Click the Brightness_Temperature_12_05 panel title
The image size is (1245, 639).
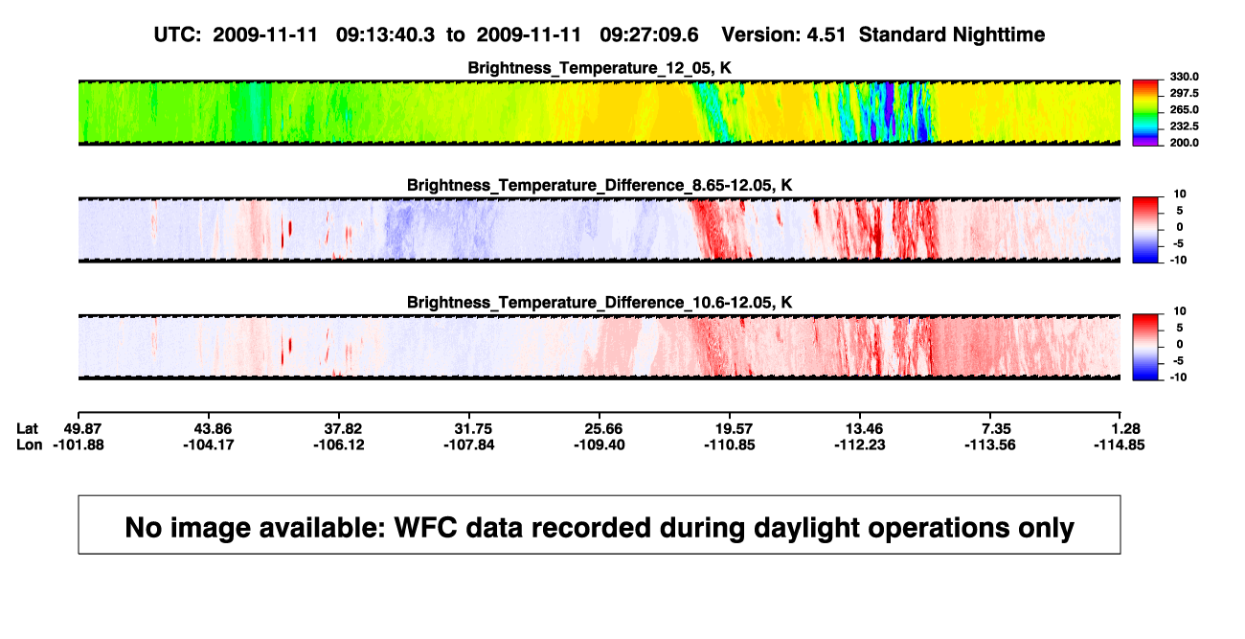[x=600, y=68]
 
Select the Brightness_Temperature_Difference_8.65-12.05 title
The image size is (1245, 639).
[x=600, y=185]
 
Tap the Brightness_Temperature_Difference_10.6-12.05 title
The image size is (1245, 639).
[x=600, y=303]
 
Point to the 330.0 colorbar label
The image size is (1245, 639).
[x=1184, y=77]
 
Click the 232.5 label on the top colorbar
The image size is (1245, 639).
[x=1184, y=126]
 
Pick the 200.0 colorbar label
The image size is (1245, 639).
[x=1184, y=143]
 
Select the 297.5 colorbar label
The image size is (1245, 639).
[x=1184, y=93]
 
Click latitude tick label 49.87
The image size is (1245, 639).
[x=82, y=429]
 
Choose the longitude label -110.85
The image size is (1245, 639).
[x=729, y=445]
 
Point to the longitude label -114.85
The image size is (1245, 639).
[x=1119, y=445]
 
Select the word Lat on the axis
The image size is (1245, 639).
[x=27, y=429]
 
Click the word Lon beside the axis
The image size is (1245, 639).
[x=29, y=445]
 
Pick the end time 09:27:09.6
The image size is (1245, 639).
[x=648, y=35]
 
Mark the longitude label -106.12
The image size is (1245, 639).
[x=338, y=445]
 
